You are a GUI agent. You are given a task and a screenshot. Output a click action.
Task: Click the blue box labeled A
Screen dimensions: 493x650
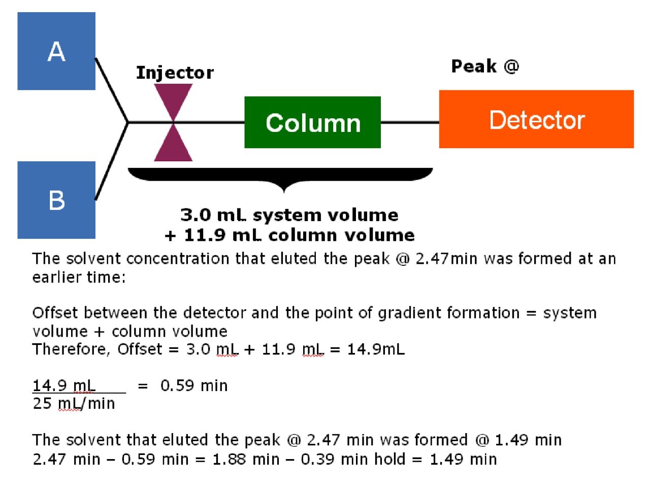pos(56,51)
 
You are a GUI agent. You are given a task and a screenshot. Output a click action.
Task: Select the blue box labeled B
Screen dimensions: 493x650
pos(56,200)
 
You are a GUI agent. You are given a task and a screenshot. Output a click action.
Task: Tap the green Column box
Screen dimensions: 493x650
pos(312,122)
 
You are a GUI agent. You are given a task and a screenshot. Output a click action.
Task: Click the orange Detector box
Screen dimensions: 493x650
pos(536,120)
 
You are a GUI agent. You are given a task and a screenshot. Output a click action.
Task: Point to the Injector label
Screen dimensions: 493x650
pos(175,73)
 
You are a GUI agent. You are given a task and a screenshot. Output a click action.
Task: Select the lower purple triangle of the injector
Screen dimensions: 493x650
pos(173,146)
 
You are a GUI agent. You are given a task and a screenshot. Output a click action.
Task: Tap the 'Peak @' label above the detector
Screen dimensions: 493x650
pos(485,66)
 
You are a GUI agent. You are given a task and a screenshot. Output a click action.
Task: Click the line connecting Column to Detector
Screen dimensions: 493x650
pos(409,122)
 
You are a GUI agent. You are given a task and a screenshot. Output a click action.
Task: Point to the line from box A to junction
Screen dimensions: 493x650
pos(111,89)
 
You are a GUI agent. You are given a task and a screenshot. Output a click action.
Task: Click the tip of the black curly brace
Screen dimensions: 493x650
pos(284,191)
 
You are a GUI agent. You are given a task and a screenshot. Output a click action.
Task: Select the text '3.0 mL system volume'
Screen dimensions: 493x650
pos(289,215)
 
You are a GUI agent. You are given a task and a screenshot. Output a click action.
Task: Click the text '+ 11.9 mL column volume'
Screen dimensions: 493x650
pos(289,235)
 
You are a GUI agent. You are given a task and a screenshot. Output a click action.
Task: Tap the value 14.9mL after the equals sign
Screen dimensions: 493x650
pos(376,349)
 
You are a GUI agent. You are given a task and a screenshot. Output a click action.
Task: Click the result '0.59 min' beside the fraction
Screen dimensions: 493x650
pos(194,386)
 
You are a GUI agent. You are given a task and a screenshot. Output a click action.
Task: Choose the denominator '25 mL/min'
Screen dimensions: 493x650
pos(74,404)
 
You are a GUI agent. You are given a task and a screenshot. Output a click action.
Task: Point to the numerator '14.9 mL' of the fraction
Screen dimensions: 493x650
pos(64,385)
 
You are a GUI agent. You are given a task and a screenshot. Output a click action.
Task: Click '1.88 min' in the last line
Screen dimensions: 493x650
pos(246,460)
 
